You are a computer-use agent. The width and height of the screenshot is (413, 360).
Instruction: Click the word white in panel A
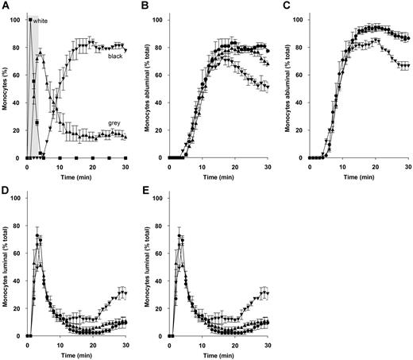41,21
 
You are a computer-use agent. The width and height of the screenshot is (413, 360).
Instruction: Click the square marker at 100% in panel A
30,20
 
